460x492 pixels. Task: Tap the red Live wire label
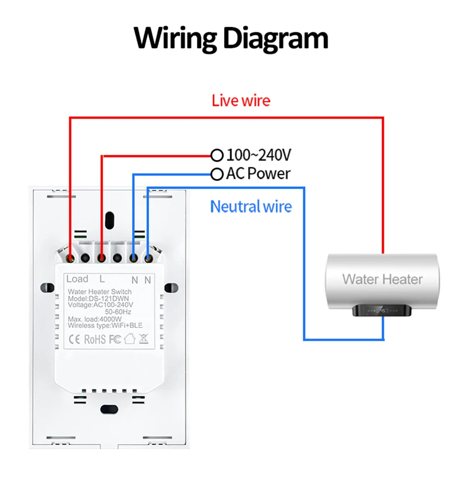tap(241, 101)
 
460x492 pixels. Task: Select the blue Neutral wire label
tap(251, 207)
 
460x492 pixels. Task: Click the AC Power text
tap(258, 174)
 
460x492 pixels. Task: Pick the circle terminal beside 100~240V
tap(217, 155)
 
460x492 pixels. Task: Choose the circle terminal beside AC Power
tap(217, 174)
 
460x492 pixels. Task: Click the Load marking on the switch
tap(77, 279)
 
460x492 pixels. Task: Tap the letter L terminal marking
tap(102, 279)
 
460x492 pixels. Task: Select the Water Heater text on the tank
tap(382, 279)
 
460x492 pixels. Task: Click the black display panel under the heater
tap(381, 311)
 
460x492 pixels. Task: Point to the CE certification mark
tap(75, 339)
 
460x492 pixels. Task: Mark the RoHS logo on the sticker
tap(95, 339)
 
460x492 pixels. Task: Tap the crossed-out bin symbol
tap(143, 339)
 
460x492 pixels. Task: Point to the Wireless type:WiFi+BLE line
tap(105, 325)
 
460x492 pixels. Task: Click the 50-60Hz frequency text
tap(118, 311)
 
